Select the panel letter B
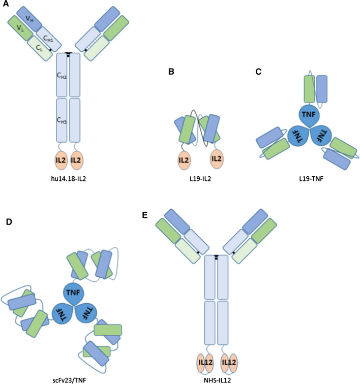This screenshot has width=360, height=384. [171, 72]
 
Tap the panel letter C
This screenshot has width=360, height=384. [259, 72]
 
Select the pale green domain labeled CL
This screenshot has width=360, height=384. [39, 48]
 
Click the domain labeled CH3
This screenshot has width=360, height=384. [62, 120]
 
